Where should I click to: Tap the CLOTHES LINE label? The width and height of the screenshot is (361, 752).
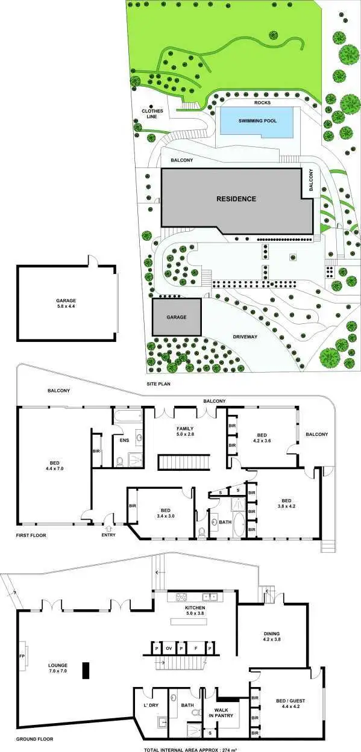click(152, 113)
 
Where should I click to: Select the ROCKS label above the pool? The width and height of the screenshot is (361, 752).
click(262, 103)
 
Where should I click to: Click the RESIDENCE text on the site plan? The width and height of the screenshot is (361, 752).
click(237, 199)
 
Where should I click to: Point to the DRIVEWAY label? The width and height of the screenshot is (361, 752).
click(245, 337)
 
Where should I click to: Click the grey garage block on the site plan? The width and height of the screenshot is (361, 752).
click(176, 317)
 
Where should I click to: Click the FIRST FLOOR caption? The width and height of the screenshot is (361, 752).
click(31, 535)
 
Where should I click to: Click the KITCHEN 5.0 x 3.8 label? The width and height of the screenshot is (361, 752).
click(195, 612)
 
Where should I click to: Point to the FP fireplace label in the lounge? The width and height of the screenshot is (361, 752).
click(22, 656)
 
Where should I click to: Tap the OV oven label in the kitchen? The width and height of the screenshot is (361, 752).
click(169, 649)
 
